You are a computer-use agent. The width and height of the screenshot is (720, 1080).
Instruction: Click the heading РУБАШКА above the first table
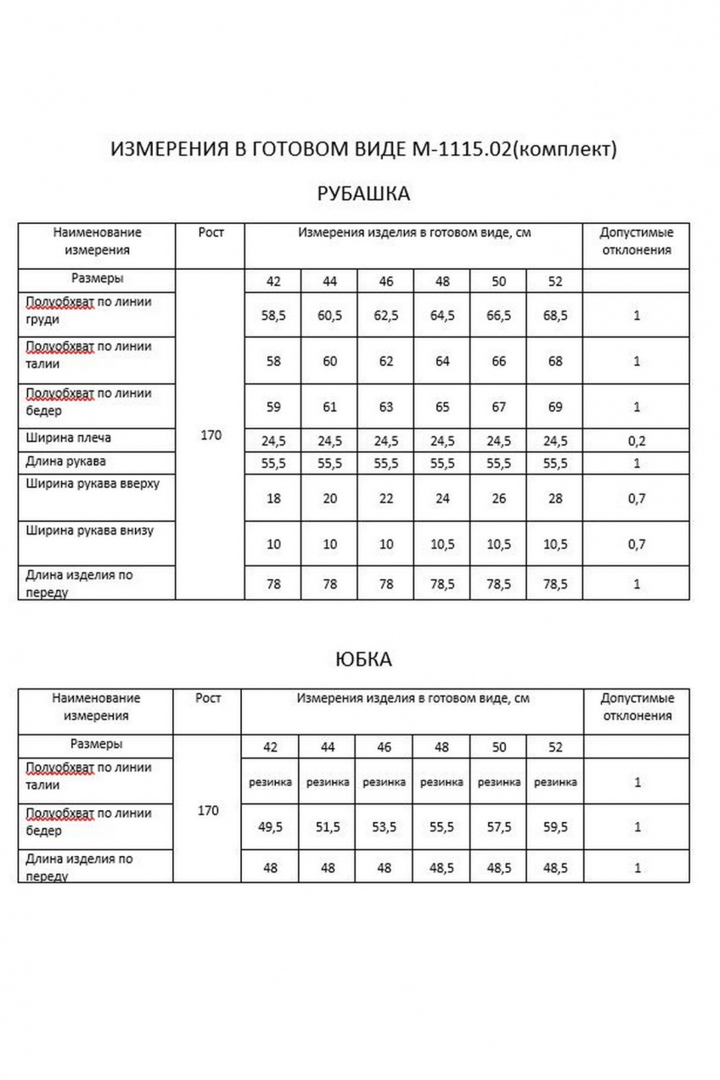363,194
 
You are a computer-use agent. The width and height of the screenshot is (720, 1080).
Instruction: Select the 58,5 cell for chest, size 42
273,316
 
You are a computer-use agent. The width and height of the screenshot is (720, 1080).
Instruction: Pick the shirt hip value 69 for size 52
555,408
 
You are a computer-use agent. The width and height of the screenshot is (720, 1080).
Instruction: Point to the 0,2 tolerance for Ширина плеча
636,442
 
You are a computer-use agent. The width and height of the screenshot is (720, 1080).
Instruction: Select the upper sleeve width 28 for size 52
555,499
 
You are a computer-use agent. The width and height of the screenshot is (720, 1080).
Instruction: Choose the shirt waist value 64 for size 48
442,362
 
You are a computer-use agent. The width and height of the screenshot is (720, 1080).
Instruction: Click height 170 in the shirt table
210,436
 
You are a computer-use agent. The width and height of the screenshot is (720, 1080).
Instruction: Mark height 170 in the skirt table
208,811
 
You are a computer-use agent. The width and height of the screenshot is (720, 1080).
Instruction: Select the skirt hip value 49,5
271,827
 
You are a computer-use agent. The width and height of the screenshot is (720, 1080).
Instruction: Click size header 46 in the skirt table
385,748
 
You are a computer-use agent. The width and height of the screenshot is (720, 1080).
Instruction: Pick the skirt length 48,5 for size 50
498,869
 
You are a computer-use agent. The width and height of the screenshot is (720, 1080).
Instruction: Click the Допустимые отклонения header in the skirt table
637,706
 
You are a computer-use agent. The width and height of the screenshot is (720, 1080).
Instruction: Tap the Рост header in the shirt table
211,233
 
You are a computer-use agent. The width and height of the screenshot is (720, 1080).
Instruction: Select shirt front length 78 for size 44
329,585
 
